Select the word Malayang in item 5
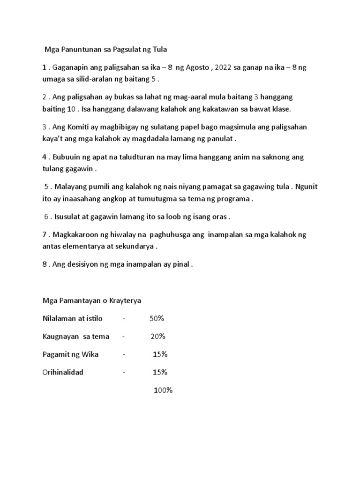[70, 187]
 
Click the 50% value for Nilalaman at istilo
[157, 319]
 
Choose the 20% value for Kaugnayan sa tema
[157, 337]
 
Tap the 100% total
[164, 390]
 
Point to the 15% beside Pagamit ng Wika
[160, 354]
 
